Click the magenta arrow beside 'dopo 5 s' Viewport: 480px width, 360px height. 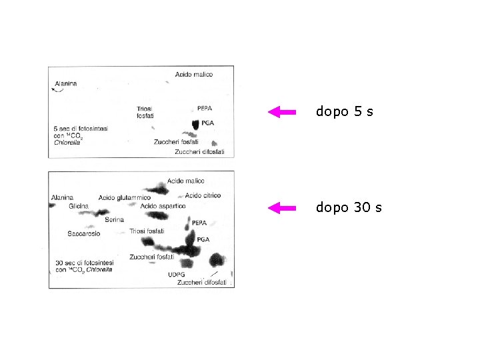click(x=281, y=112)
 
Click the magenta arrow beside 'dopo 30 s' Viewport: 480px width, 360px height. click(x=281, y=208)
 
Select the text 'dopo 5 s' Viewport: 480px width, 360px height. click(x=344, y=112)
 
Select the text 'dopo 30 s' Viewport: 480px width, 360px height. click(x=349, y=208)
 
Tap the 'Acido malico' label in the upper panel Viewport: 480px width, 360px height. click(x=194, y=75)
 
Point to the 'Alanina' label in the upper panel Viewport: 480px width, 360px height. click(x=65, y=83)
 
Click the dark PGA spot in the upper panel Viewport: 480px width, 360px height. click(x=195, y=124)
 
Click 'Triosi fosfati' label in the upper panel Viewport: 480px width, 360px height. click(x=145, y=112)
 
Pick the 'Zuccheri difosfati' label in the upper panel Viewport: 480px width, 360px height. click(x=199, y=152)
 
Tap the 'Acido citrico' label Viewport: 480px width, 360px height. click(x=203, y=195)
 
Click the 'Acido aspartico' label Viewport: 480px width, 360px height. click(x=163, y=206)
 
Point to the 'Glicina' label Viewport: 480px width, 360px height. click(x=78, y=207)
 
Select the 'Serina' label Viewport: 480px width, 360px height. click(x=115, y=219)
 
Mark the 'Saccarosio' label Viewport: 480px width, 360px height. click(x=84, y=234)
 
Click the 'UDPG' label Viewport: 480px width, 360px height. click(x=176, y=274)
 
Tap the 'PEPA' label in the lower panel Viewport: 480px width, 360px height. click(x=199, y=223)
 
